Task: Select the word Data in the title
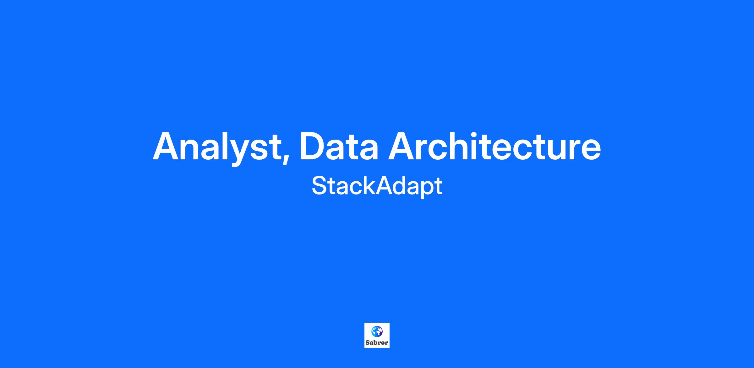(x=339, y=146)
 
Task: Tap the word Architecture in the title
(x=494, y=146)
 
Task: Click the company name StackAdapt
(x=377, y=186)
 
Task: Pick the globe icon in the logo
(x=377, y=331)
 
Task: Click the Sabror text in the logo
(x=377, y=343)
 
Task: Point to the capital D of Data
(x=313, y=146)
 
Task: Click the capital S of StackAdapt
(x=319, y=185)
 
